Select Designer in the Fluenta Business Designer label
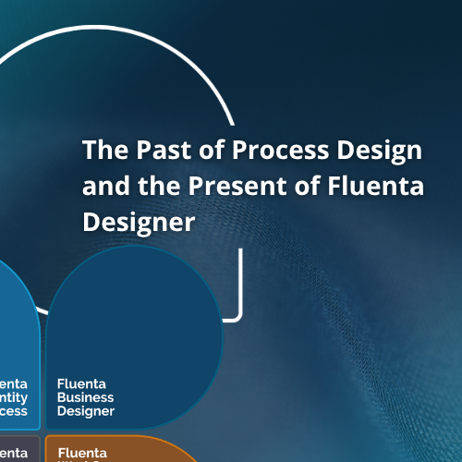86,411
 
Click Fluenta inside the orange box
82,453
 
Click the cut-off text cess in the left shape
13,411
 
